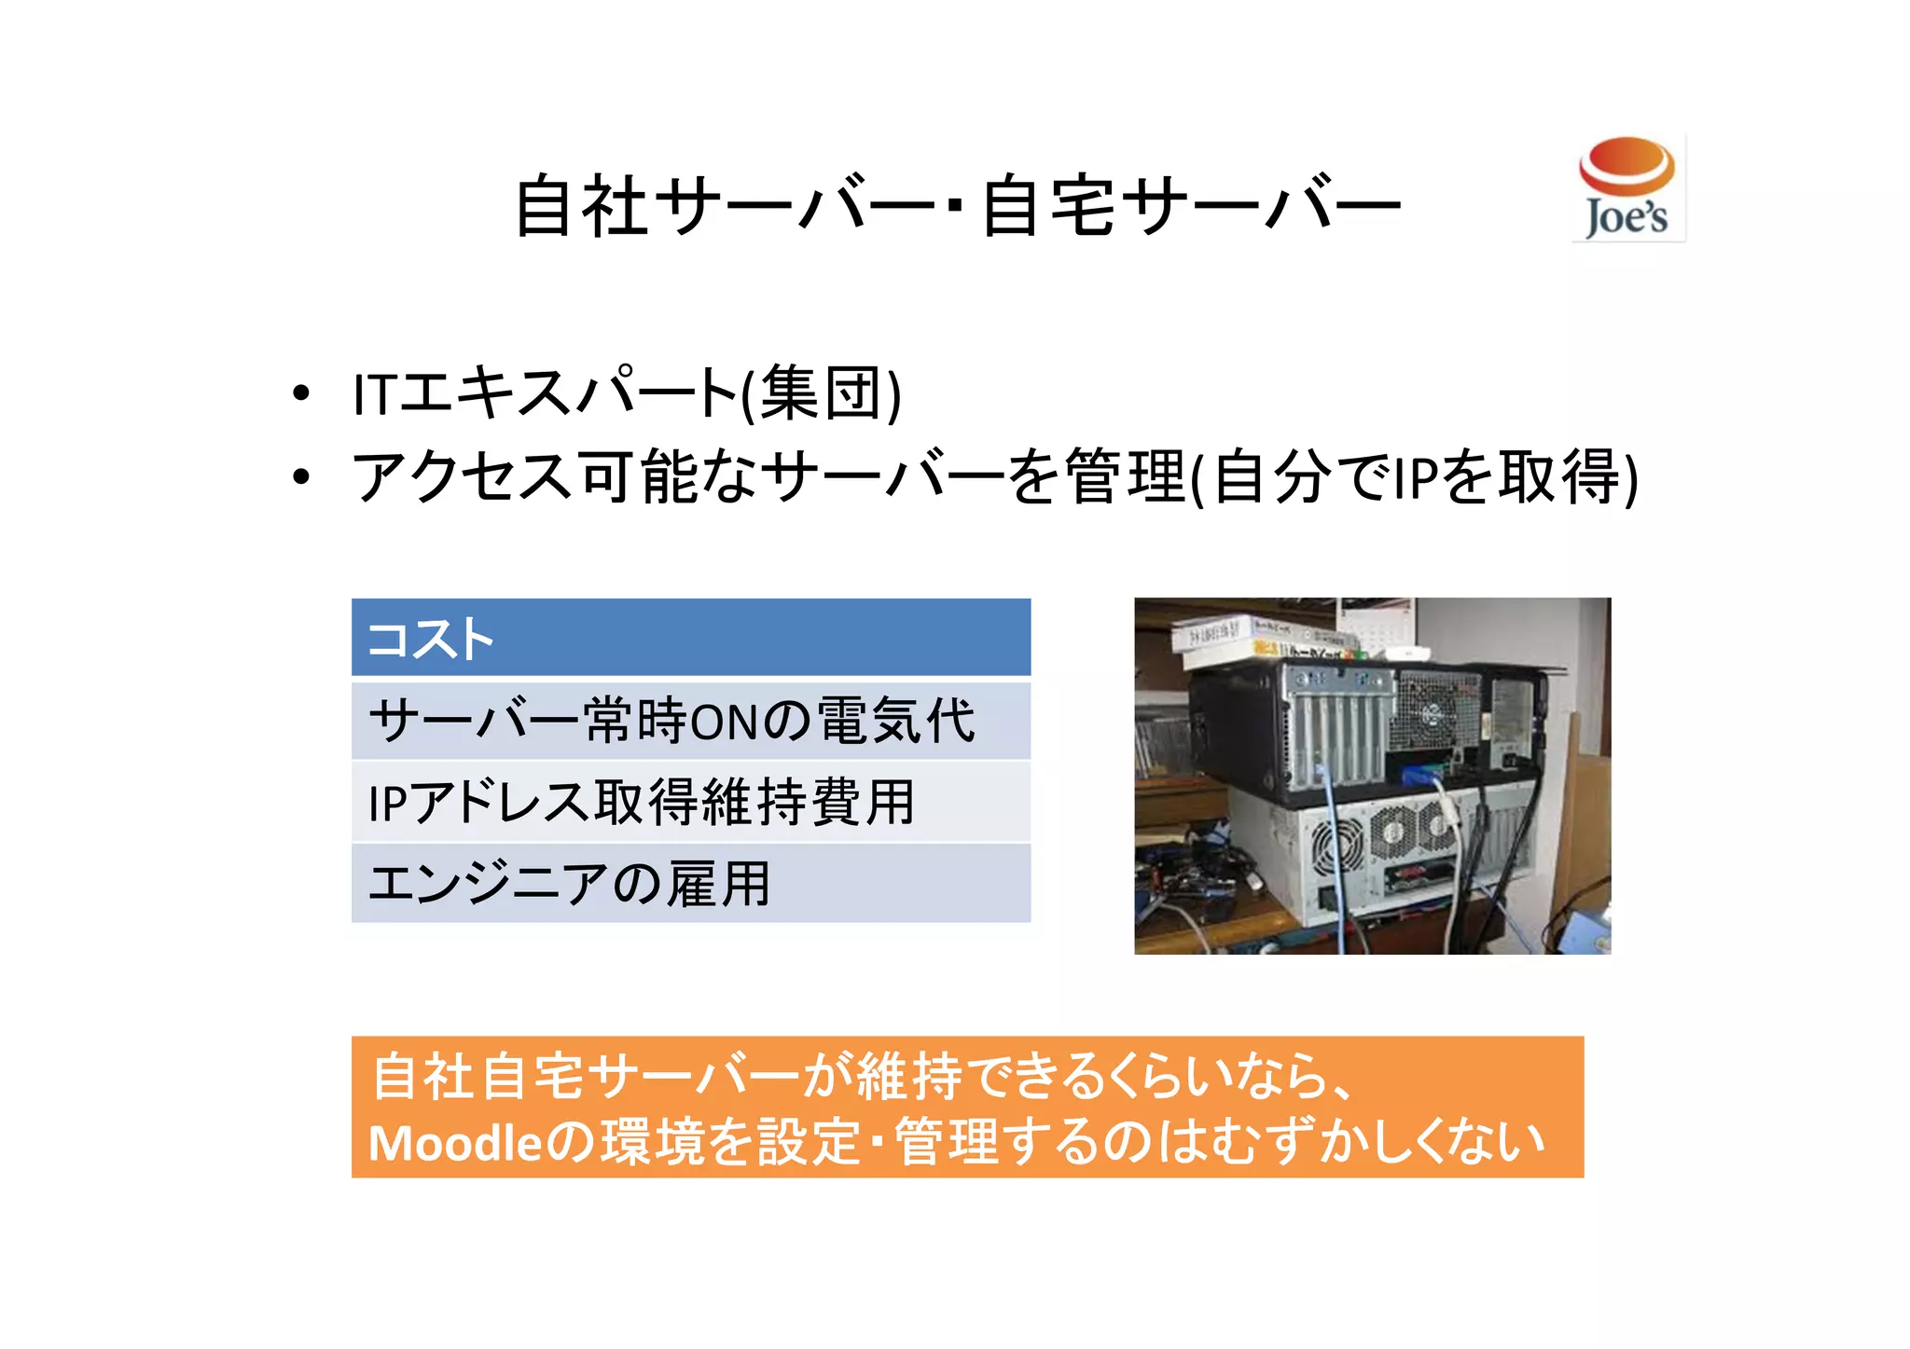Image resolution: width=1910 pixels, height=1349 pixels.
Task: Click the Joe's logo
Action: click(x=1627, y=188)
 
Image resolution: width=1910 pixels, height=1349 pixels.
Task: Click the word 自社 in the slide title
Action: click(x=580, y=206)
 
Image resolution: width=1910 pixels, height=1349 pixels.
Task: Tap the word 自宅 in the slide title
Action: click(x=1047, y=206)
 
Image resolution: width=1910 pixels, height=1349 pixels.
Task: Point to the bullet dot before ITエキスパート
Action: click(x=300, y=393)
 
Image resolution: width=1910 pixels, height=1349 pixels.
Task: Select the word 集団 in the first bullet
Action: click(x=821, y=393)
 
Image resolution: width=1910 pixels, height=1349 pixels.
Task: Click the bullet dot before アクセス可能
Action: click(x=300, y=476)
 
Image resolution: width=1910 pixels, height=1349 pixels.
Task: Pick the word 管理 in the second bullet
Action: click(x=1125, y=476)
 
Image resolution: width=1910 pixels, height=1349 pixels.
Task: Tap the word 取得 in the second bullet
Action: click(x=1560, y=476)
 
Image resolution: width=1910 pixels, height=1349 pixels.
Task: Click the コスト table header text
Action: click(x=430, y=640)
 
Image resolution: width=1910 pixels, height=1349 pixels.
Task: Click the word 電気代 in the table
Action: click(x=895, y=721)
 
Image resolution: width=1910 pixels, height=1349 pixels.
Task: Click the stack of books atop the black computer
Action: click(x=1259, y=640)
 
